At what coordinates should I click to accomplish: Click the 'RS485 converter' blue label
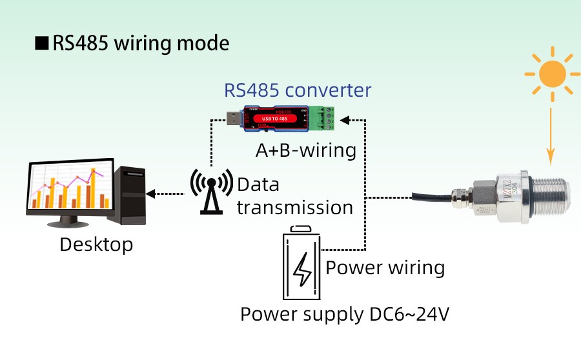[x=298, y=90]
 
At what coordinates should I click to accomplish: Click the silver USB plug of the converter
[x=231, y=118]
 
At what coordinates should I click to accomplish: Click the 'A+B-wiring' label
[x=306, y=150]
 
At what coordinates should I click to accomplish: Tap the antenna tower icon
[x=210, y=190]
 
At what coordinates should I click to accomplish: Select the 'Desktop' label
[x=96, y=245]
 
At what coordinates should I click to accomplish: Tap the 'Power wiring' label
[x=385, y=267]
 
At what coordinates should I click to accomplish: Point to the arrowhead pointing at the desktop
[x=151, y=193]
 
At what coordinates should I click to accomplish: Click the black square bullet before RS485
[x=42, y=43]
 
